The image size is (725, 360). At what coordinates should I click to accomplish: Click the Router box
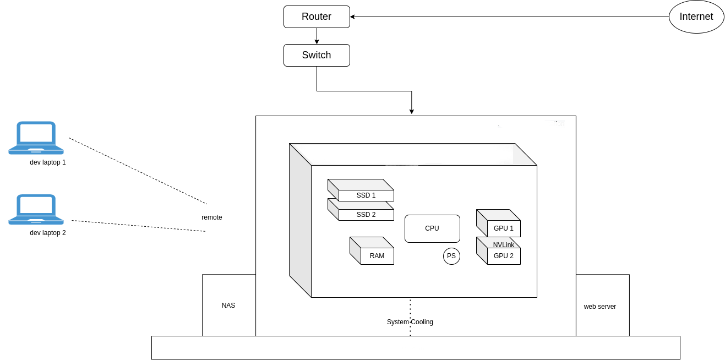[317, 17]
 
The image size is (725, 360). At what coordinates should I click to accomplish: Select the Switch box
[317, 55]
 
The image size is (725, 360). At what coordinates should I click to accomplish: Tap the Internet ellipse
[696, 17]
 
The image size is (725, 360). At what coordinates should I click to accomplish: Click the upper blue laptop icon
[36, 138]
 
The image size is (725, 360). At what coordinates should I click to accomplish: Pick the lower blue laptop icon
[36, 210]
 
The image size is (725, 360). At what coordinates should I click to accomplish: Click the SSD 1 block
[366, 195]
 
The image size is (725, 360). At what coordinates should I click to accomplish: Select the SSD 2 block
[366, 214]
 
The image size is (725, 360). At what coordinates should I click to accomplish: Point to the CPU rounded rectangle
[432, 228]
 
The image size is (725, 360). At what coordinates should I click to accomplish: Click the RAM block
[377, 255]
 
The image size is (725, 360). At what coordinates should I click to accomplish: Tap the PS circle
[451, 256]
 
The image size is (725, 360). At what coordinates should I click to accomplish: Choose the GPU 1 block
[503, 228]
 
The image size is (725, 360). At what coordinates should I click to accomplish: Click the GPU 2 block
[503, 256]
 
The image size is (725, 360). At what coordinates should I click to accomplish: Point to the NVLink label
[504, 244]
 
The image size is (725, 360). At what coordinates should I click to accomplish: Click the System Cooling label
[410, 322]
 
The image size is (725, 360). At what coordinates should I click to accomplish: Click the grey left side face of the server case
[300, 220]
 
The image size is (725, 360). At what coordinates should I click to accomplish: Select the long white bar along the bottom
[416, 348]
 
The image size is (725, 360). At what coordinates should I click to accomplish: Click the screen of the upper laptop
[36, 133]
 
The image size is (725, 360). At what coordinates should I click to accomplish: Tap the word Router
[317, 17]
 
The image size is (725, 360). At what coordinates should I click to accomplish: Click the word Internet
[696, 17]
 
